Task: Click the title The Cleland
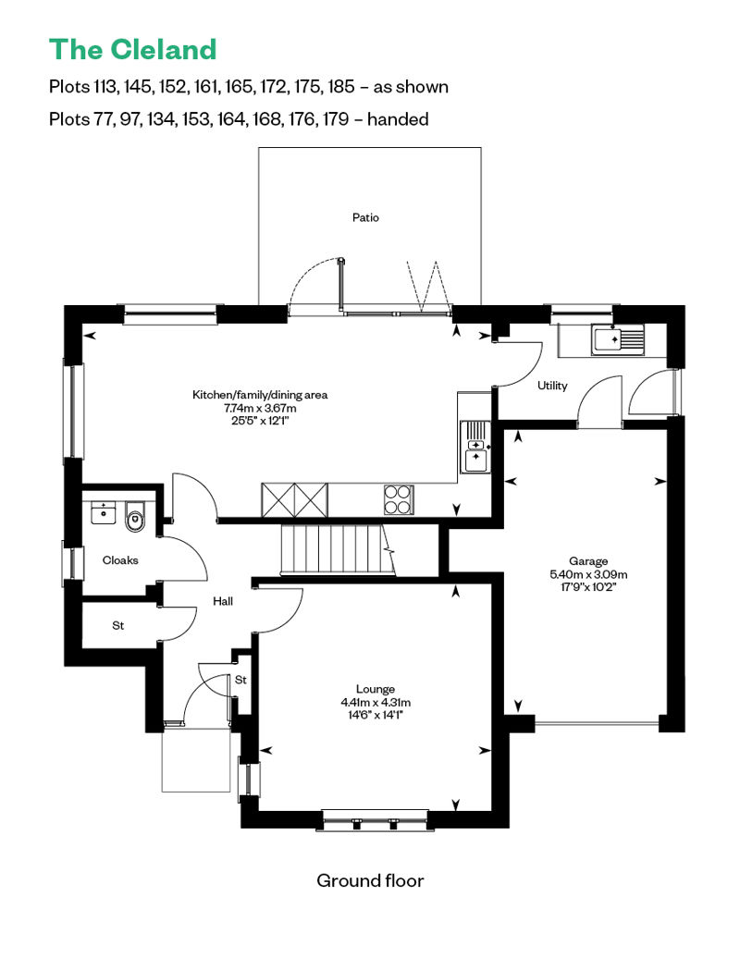click(x=132, y=49)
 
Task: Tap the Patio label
click(x=365, y=218)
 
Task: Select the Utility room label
click(x=552, y=386)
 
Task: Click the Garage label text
click(x=588, y=561)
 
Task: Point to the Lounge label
click(x=375, y=689)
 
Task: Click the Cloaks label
click(x=120, y=559)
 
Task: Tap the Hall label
click(x=223, y=601)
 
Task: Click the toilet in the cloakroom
click(x=135, y=518)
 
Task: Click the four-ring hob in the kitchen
click(x=399, y=499)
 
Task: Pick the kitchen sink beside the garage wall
click(x=475, y=447)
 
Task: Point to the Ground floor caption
click(x=370, y=880)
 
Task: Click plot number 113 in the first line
click(x=105, y=87)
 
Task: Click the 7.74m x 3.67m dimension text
click(x=260, y=408)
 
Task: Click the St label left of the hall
click(x=118, y=626)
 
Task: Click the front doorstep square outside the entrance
click(x=195, y=760)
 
